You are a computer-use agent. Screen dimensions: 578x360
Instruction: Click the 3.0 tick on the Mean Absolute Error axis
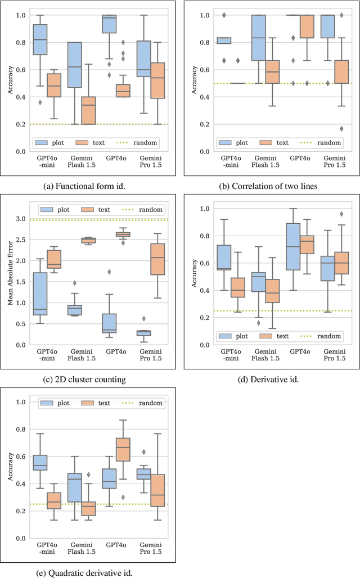pyautogui.click(x=21, y=219)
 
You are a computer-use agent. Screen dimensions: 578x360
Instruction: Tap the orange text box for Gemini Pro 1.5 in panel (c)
pyautogui.click(x=159, y=259)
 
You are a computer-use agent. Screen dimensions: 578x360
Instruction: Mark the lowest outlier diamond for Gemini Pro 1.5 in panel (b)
pyautogui.click(x=342, y=129)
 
